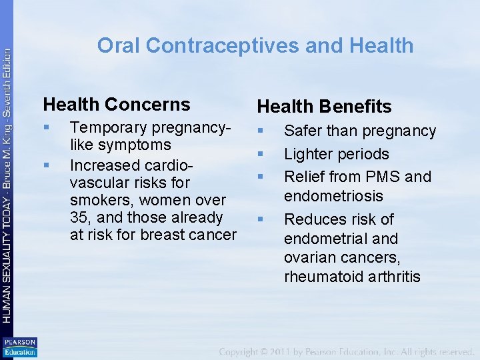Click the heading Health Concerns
click(x=117, y=104)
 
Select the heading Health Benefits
click(x=325, y=106)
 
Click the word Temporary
click(x=109, y=127)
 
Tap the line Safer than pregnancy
click(x=360, y=131)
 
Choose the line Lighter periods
click(x=336, y=154)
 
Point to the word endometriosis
click(x=333, y=196)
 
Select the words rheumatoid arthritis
click(x=352, y=277)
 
